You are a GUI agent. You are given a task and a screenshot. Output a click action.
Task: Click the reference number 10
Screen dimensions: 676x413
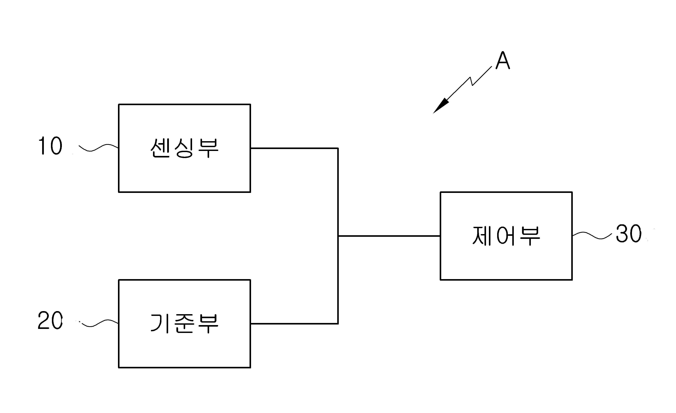pos(50,146)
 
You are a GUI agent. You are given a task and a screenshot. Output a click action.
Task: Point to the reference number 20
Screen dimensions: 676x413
pos(50,320)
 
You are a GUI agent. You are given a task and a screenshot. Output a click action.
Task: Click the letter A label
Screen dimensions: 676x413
pos(503,60)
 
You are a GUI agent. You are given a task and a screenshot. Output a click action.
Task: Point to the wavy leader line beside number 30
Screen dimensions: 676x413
pos(592,235)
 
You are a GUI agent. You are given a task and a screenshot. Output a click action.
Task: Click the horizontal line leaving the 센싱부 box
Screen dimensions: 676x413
pos(294,148)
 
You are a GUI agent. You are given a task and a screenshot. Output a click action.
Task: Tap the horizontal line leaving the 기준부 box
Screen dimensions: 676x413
pos(294,324)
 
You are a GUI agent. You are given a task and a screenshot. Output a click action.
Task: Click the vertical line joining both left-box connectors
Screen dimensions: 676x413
pos(338,236)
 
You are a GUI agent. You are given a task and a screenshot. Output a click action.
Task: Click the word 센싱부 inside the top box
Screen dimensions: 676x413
pos(184,148)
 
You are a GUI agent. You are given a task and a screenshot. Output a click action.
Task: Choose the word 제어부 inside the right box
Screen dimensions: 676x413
pos(506,235)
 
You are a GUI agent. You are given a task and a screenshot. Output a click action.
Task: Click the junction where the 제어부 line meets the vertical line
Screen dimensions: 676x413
pos(338,236)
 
